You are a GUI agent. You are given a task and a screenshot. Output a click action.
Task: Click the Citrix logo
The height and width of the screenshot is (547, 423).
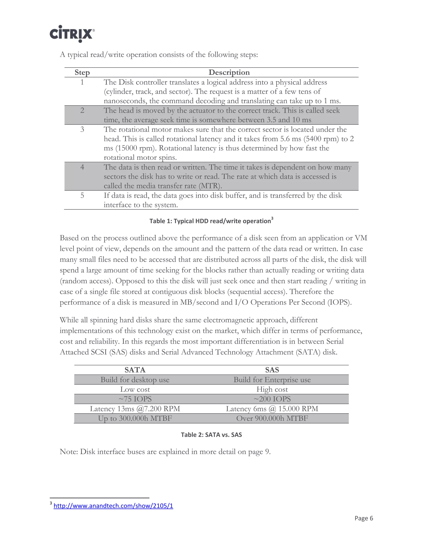click(x=72, y=34)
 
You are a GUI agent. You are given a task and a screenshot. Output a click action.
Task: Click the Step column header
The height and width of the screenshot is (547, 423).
click(x=82, y=72)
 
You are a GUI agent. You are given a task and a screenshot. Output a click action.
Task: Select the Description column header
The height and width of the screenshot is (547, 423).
click(x=229, y=72)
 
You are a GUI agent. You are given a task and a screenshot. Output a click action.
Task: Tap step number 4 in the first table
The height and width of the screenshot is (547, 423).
click(x=82, y=167)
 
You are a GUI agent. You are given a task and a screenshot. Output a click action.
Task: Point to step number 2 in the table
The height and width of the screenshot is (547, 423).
click(x=82, y=110)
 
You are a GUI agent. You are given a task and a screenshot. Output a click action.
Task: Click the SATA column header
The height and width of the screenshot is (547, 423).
click(x=135, y=370)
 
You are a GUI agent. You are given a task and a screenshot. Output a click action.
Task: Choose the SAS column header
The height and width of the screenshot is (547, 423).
click(x=272, y=370)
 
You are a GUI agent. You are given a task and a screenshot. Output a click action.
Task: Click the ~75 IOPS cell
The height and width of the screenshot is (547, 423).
click(x=135, y=399)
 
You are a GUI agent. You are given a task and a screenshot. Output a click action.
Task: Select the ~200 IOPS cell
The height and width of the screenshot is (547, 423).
click(x=272, y=399)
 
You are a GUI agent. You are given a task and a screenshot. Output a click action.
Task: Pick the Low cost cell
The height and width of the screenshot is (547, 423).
click(x=135, y=390)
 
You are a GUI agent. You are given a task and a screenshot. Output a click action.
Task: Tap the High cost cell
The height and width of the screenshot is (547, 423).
click(x=272, y=390)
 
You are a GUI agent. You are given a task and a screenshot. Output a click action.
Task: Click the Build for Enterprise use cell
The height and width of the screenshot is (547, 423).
click(x=272, y=380)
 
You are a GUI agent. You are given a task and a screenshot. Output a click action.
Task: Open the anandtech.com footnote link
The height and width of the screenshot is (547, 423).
click(x=113, y=506)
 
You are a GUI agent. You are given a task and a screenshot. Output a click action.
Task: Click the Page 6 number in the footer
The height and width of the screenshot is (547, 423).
click(x=364, y=518)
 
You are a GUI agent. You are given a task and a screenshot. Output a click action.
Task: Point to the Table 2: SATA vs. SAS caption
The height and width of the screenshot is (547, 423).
click(x=211, y=435)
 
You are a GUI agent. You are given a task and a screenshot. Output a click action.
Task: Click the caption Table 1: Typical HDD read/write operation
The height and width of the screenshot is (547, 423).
click(x=210, y=221)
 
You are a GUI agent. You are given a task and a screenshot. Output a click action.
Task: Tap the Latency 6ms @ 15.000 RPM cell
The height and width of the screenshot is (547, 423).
click(x=272, y=409)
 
